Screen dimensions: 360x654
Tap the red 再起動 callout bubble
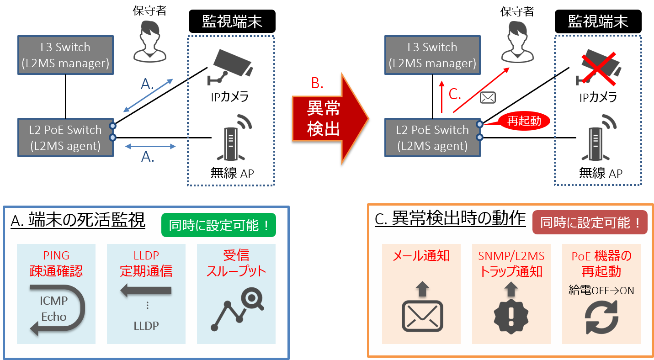click(523, 121)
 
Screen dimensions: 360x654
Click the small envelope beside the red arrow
click(488, 97)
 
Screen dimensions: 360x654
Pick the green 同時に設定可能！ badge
click(218, 225)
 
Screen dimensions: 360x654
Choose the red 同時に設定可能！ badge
click(590, 222)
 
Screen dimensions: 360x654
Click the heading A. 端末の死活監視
click(78, 221)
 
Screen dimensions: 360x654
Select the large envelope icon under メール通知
click(422, 315)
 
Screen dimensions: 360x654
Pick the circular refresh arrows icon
click(601, 316)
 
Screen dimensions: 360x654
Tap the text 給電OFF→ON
click(601, 291)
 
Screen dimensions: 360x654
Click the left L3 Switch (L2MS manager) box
click(65, 55)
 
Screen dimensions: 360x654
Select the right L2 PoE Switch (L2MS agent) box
click(432, 138)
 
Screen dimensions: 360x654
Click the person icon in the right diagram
click(518, 43)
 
